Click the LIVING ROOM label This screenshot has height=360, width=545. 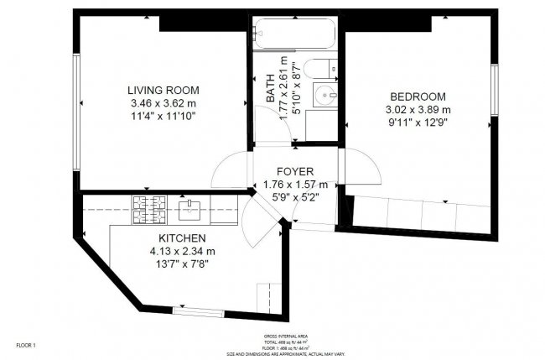point(163,90)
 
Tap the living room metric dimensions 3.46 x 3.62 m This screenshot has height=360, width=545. point(163,102)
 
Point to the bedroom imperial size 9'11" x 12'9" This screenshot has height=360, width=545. point(418,122)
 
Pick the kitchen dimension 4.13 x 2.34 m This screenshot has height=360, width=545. point(182,251)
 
